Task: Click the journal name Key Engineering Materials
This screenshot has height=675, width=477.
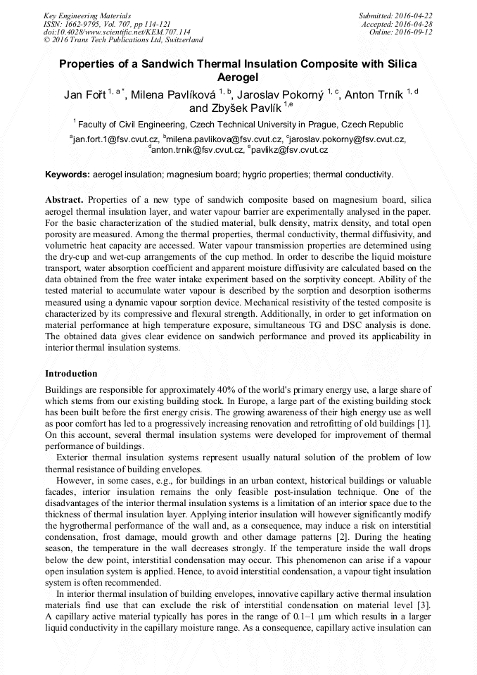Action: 87,15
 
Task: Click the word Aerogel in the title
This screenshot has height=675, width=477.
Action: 238,77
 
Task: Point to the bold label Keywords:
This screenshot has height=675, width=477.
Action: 68,174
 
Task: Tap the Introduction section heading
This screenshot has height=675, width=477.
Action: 71,374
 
